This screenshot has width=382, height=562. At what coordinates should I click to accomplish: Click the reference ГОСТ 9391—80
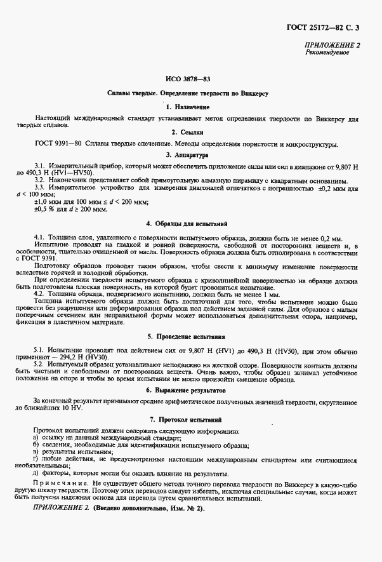pos(58,144)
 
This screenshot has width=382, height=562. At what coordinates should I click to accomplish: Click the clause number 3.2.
pos(41,180)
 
